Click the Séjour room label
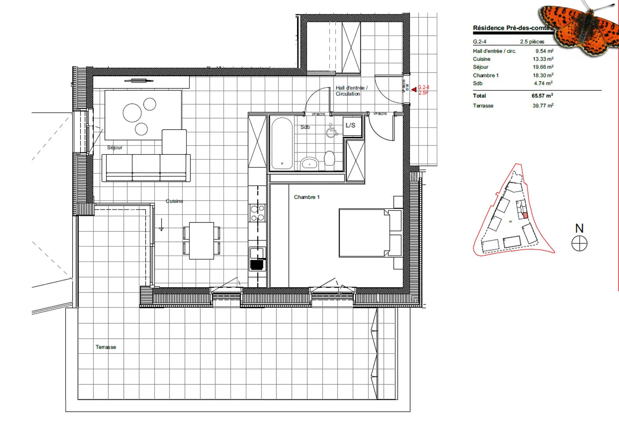coord(114,147)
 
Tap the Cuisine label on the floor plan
coord(174,201)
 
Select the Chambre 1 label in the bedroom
coord(306,197)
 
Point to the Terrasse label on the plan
coord(106,347)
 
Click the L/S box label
coord(350,125)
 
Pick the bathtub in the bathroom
coord(282,143)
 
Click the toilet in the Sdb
coord(329,158)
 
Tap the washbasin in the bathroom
coord(309,163)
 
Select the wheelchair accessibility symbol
coord(331,131)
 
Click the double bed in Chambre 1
coord(365,233)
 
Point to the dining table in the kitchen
coord(202,240)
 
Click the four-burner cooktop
coord(257,213)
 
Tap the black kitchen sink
coord(257,265)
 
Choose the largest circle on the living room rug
coord(132,113)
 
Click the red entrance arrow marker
coord(414,89)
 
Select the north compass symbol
coord(579,244)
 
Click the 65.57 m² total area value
coord(542,96)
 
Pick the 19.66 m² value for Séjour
coord(543,67)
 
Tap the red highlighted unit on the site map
coord(525,215)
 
